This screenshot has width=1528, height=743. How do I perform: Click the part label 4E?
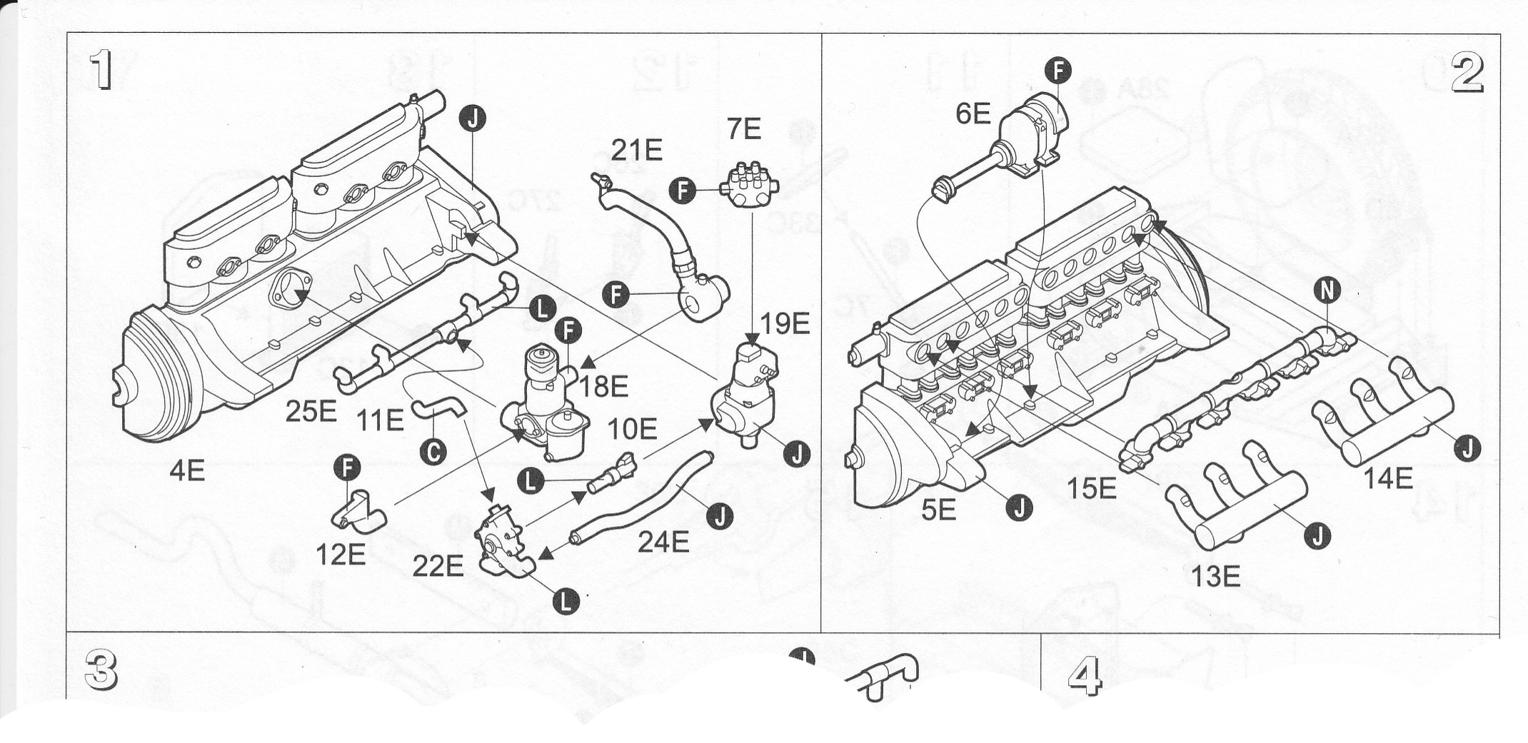click(187, 471)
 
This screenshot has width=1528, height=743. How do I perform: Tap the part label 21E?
click(637, 151)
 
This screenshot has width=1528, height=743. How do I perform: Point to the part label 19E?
click(785, 324)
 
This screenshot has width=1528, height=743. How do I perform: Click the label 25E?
click(311, 412)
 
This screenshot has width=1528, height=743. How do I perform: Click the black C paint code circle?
click(433, 450)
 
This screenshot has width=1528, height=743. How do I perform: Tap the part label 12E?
click(342, 554)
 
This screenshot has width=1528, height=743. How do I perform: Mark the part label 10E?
click(632, 429)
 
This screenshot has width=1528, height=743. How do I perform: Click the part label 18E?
click(603, 386)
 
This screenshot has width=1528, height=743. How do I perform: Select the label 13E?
click(1215, 575)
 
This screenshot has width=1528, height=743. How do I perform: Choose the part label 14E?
click(1389, 479)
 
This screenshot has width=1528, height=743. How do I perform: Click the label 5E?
click(938, 511)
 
